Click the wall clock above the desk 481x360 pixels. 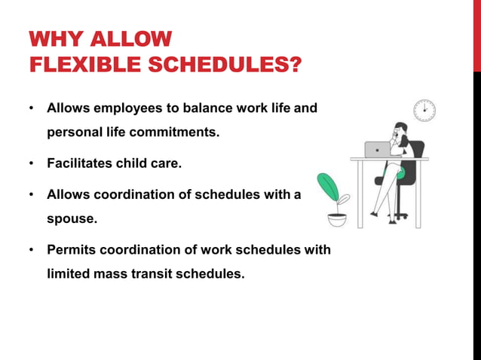424,110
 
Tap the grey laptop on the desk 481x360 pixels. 377,149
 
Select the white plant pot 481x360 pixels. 337,220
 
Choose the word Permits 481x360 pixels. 70,249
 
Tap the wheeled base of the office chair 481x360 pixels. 399,217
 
